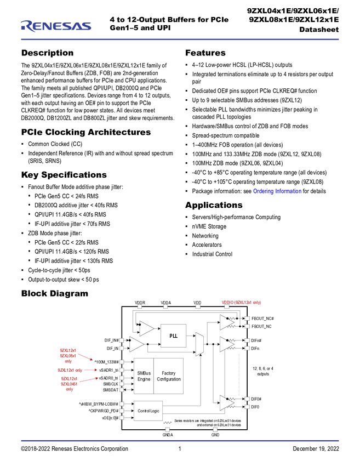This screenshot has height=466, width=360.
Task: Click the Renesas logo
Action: tap(56, 26)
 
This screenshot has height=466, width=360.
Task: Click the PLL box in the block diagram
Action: tap(174, 336)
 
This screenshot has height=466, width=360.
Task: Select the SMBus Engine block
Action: tap(144, 376)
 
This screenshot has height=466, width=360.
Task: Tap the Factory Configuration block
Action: tap(168, 376)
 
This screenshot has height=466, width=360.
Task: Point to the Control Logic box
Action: tap(148, 411)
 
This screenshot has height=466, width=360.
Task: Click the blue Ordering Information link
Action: tap(277, 191)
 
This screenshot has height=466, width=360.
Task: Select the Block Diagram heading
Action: tap(55, 293)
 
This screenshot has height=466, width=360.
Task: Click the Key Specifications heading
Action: tap(64, 175)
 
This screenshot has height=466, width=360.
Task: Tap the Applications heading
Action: tap(214, 205)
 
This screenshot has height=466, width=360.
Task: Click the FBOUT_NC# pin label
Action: tap(262, 319)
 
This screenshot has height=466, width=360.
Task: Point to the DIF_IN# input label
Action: tap(112, 340)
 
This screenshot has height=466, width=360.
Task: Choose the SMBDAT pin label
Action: tap(111, 390)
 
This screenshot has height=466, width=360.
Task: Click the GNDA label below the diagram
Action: tap(168, 435)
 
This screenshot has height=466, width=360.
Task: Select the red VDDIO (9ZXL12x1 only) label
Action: tap(241, 303)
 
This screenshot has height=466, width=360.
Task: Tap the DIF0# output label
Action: tap(256, 399)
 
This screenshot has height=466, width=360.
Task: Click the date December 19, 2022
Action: tap(316, 449)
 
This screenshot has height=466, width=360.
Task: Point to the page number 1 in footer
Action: tap(180, 449)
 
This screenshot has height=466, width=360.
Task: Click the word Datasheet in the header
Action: tap(319, 30)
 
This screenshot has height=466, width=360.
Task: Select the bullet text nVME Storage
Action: tap(209, 226)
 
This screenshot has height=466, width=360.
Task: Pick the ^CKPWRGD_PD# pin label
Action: tap(104, 411)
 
